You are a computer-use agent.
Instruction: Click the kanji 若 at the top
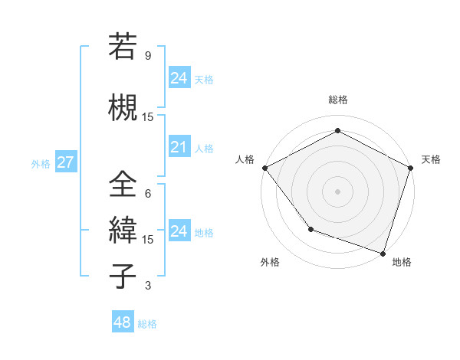coord(123,47)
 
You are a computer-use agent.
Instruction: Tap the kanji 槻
coord(123,107)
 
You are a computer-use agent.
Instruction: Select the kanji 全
coord(123,185)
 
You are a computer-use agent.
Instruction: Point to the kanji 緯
coord(123,231)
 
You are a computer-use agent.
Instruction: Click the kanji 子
coord(123,276)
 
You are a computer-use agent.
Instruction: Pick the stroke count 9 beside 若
coord(147,56)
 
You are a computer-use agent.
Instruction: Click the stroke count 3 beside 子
coord(147,286)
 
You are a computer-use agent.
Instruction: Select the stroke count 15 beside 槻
coord(147,116)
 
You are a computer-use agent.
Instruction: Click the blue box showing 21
coord(179,147)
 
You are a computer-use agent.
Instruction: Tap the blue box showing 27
coord(65,162)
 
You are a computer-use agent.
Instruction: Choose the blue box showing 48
coord(122,322)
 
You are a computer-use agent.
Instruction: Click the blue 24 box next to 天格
coord(179,77)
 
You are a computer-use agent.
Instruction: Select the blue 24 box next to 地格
coord(179,231)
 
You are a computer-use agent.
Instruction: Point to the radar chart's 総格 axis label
coord(337,100)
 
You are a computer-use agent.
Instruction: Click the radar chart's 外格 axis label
coord(270,262)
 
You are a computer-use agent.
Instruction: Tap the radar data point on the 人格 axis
coord(264,168)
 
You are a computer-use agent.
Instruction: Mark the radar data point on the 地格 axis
coord(383,252)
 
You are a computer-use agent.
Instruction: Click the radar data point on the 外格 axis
coord(310,228)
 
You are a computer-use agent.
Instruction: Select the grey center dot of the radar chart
coord(337,191)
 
